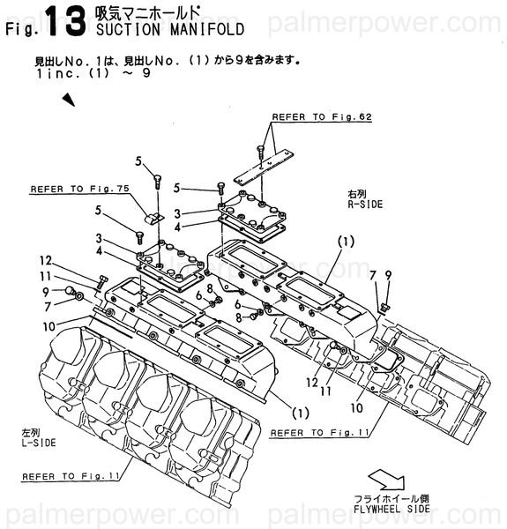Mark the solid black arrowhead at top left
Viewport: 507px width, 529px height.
coord(69,100)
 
